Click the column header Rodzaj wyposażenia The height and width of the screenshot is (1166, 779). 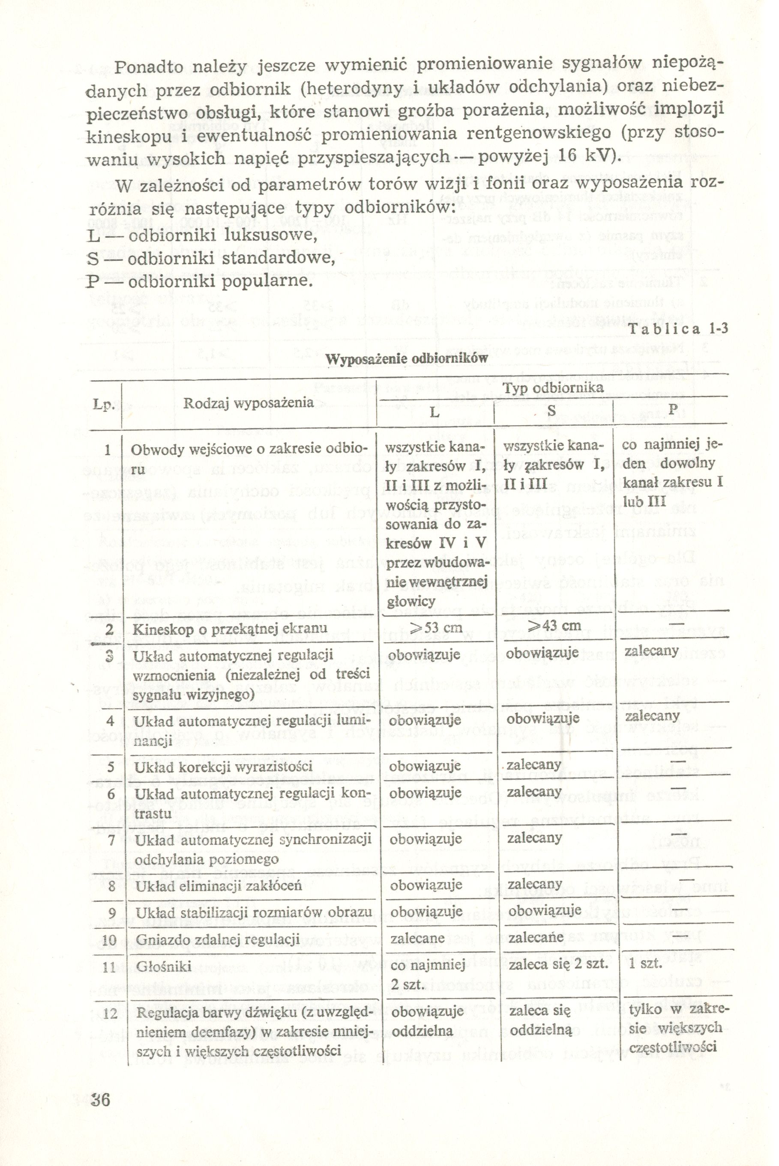[x=249, y=403]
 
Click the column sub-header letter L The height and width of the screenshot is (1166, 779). [x=435, y=412]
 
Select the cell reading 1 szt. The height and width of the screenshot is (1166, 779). [x=645, y=964]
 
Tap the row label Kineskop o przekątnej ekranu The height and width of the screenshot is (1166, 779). [x=230, y=629]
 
